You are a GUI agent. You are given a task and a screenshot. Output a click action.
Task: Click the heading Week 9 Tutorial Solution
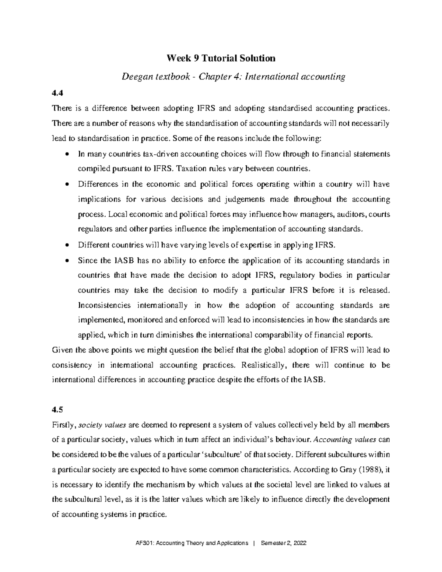coord(221,58)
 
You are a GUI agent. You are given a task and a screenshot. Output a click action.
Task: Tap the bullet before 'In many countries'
coord(66,154)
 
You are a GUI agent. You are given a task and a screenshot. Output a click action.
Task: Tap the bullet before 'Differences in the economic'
coord(66,184)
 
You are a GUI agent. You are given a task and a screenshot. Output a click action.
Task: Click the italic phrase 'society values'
coord(103,425)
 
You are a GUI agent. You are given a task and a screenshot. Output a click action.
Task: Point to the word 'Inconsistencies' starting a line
coord(104,305)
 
